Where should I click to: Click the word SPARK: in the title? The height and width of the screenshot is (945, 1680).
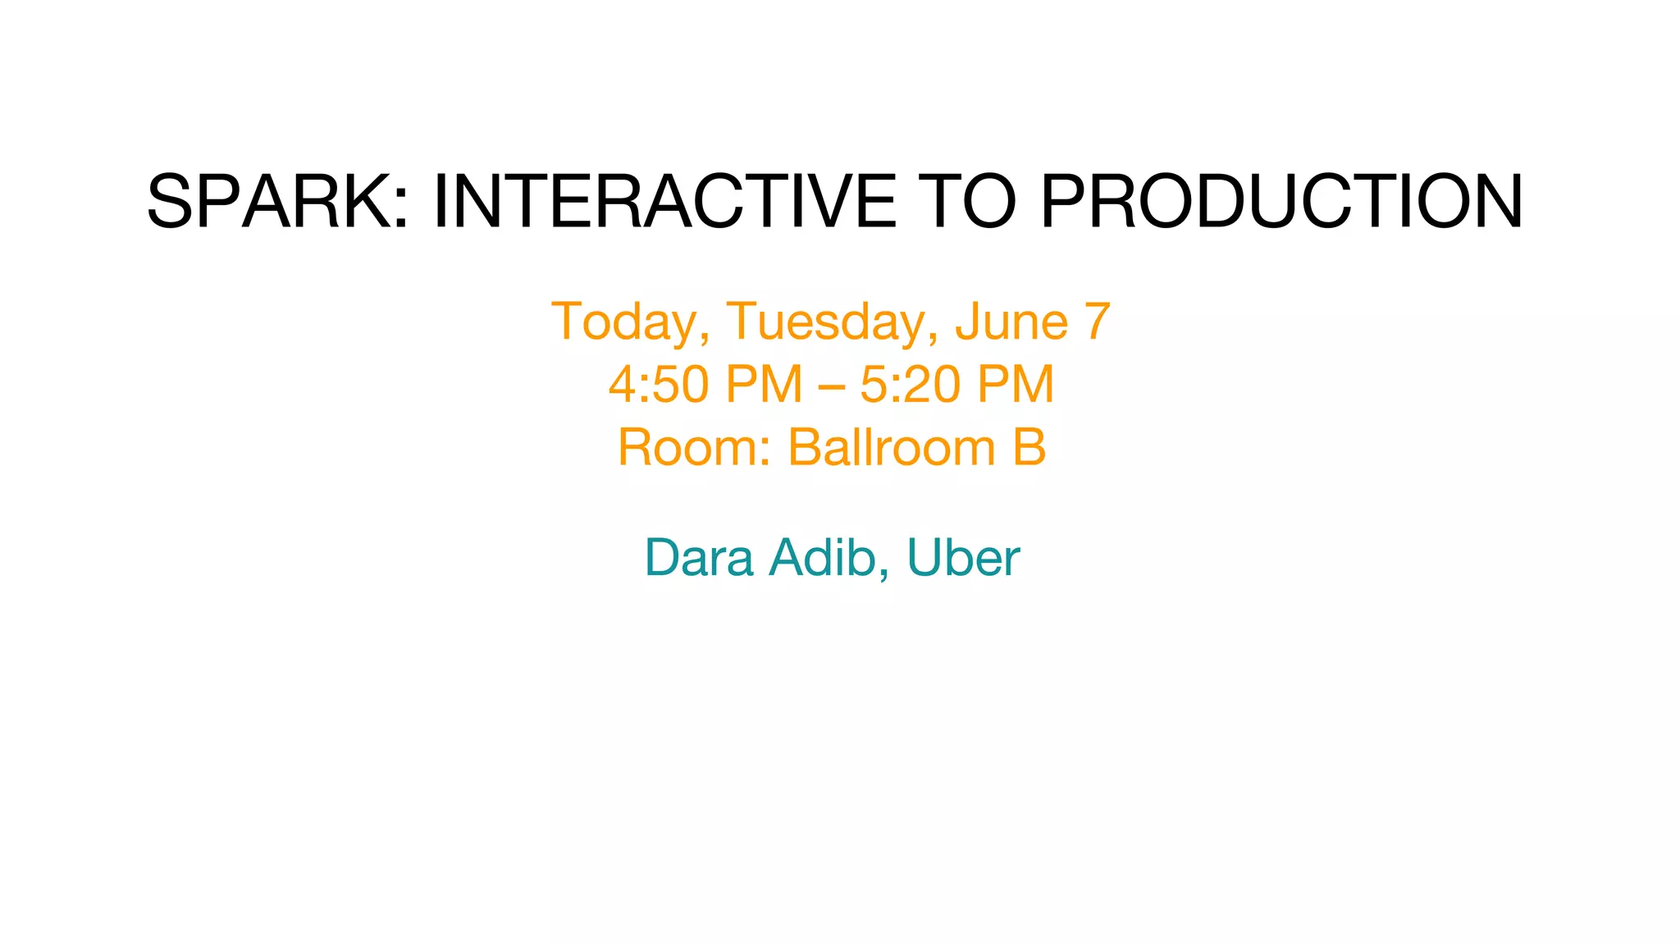coord(277,202)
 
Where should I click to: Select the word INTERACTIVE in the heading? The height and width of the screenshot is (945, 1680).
coord(664,202)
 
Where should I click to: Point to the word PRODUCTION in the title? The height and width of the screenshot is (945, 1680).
coord(1281,202)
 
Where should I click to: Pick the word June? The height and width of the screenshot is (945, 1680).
coord(1011,322)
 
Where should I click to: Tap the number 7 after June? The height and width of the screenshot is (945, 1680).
coord(1098,322)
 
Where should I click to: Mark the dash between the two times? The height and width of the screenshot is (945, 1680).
coord(831,386)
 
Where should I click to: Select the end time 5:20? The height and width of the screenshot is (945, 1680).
coord(910,384)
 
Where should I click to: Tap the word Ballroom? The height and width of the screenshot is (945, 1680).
coord(891,448)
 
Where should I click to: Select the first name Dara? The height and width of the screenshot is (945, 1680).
coord(699,559)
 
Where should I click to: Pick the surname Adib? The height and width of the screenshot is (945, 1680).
coord(824,559)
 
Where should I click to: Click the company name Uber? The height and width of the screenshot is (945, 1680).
coord(963,559)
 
